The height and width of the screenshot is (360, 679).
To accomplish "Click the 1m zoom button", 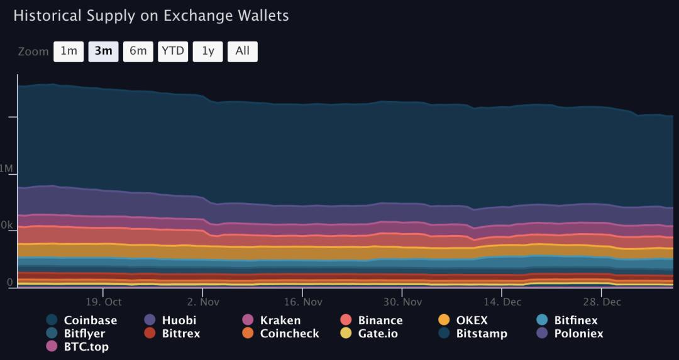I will [69, 52].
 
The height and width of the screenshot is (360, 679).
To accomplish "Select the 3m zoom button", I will [103, 52].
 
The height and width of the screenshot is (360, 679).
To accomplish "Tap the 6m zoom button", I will [138, 52].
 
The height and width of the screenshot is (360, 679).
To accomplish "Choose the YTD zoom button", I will [173, 52].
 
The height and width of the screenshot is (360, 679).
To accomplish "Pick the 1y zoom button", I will [207, 52].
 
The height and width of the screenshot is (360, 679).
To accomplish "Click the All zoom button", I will [242, 52].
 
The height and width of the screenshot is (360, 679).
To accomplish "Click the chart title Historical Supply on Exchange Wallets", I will [151, 16].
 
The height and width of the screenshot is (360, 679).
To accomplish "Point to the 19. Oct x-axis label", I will [104, 302].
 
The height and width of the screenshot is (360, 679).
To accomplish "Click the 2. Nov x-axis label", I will [203, 302].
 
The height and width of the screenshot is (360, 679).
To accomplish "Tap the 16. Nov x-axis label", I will [302, 302].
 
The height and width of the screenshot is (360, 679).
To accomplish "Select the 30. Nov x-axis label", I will [402, 302].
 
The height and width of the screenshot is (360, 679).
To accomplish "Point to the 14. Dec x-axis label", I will [502, 302].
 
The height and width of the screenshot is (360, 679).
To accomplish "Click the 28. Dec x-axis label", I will [602, 302].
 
